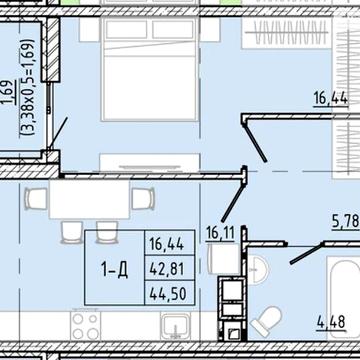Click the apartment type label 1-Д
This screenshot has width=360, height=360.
click(x=114, y=269)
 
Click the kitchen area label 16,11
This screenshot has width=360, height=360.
click(x=220, y=233)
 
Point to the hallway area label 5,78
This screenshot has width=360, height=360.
click(x=345, y=221)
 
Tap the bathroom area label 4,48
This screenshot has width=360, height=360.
click(x=330, y=322)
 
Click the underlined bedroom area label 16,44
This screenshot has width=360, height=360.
click(x=330, y=99)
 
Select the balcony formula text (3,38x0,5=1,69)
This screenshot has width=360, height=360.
click(x=28, y=87)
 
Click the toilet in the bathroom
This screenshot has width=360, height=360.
click(x=266, y=321)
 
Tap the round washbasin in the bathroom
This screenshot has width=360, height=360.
click(x=259, y=269)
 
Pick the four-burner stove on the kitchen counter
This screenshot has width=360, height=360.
click(x=85, y=326)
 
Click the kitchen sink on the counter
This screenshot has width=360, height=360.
click(x=175, y=326)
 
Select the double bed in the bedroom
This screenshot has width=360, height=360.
click(x=149, y=69)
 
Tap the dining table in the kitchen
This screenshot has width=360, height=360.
click(x=89, y=199)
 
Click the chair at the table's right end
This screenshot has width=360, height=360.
click(x=143, y=199)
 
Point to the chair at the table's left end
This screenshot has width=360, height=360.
click(x=36, y=199)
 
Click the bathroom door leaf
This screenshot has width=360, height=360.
click(x=306, y=254)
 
